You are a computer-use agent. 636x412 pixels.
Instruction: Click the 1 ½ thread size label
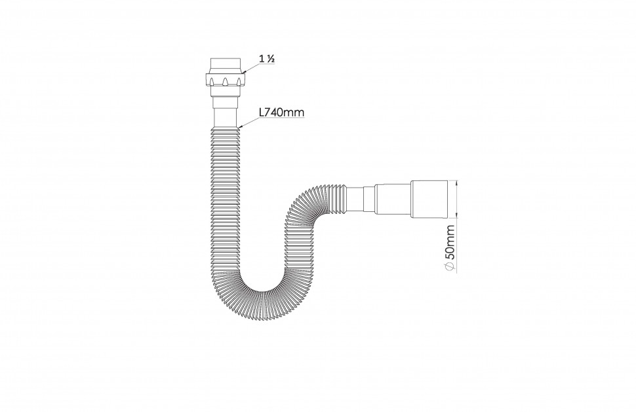tap(268, 58)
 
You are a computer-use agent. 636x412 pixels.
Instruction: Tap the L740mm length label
tap(281, 112)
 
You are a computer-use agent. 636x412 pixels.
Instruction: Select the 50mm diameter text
tap(450, 242)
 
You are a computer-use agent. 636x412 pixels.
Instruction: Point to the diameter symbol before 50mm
tap(450, 266)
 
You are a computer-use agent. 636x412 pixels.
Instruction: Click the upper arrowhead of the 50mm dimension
tap(457, 182)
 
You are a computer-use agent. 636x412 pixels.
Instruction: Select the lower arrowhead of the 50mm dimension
tap(457, 215)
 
